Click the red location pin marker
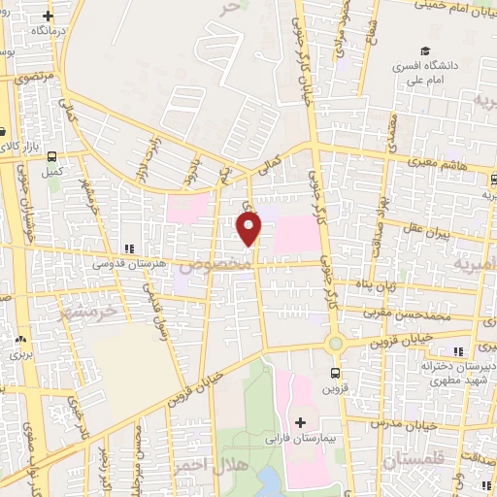[249, 228]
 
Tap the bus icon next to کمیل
[51, 155]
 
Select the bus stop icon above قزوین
[335, 372]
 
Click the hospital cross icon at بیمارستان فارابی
[301, 423]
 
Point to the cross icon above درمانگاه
[48, 16]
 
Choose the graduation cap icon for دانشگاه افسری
[423, 51]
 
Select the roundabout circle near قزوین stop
[336, 344]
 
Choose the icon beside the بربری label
[21, 341]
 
